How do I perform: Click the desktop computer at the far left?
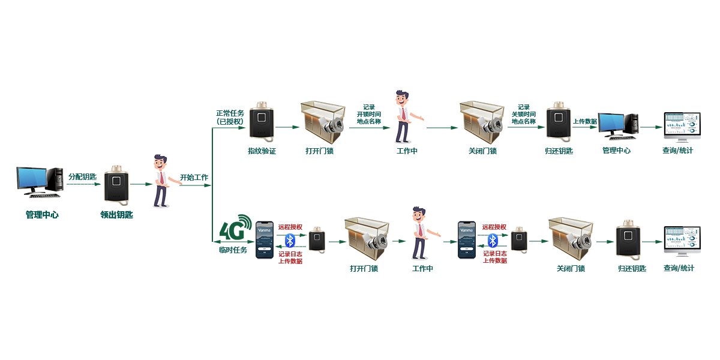point(40,182)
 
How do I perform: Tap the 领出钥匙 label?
point(116,214)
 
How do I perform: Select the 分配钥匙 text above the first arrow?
point(82,176)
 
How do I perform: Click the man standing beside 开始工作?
point(160,181)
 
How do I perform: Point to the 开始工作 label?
point(194,178)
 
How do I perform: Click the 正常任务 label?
point(230,113)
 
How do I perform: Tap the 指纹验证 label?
point(262,151)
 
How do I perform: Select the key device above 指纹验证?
point(262,122)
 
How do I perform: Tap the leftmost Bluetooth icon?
point(290,241)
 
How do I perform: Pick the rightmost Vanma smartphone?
point(466,240)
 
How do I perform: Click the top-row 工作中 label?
point(407,151)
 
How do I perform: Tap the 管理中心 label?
point(616,151)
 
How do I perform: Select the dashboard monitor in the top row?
point(681,126)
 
